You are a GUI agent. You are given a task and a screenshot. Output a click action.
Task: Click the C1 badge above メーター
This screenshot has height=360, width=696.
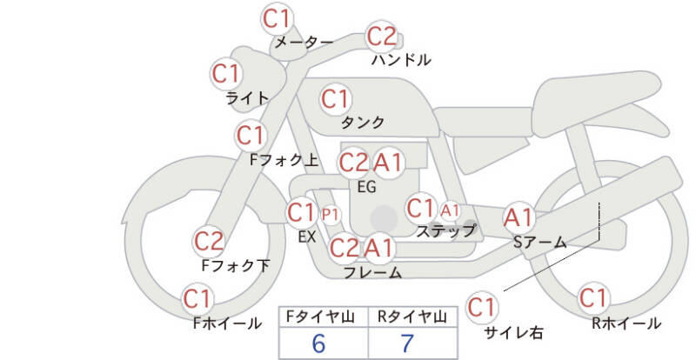pyautogui.click(x=278, y=17)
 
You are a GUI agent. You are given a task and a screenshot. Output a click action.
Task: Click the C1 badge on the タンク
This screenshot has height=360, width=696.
pyautogui.click(x=336, y=98)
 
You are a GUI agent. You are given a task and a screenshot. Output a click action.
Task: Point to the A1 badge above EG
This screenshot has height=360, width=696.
pyautogui.click(x=388, y=162)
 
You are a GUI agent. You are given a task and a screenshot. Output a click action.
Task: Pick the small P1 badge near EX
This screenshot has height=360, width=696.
pyautogui.click(x=331, y=213)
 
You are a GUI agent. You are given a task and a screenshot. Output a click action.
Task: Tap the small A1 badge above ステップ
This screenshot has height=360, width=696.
pyautogui.click(x=450, y=210)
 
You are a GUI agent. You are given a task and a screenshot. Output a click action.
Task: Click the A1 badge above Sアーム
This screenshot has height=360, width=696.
pyautogui.click(x=520, y=217)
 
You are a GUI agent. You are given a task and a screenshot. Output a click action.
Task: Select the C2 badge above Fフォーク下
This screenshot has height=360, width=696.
pyautogui.click(x=209, y=241)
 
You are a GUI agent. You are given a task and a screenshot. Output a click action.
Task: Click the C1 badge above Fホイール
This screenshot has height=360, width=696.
pyautogui.click(x=198, y=300)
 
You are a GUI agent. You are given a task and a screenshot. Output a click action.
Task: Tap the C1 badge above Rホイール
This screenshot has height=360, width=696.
pyautogui.click(x=593, y=298)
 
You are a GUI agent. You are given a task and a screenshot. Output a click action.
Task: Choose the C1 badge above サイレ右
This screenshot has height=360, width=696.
pyautogui.click(x=482, y=306)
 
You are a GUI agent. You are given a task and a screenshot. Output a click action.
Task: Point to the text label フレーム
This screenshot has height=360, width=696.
pyautogui.click(x=373, y=272)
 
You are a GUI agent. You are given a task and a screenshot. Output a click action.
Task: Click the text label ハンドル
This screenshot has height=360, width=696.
pyautogui.click(x=401, y=60)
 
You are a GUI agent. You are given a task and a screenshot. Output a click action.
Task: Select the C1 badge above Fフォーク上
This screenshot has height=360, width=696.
pyautogui.click(x=251, y=136)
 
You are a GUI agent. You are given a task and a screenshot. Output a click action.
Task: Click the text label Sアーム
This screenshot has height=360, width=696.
pyautogui.click(x=540, y=242)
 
